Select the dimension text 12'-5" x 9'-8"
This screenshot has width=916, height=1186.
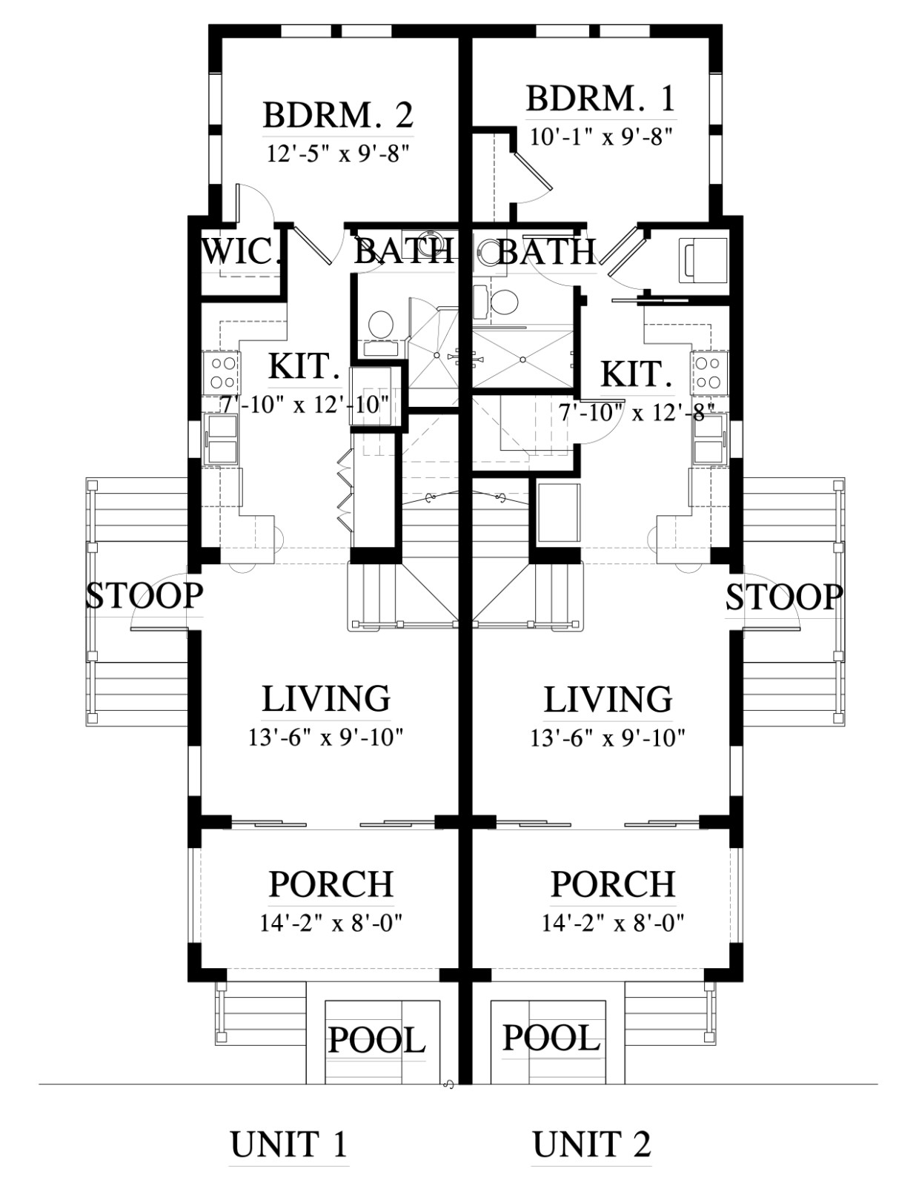(338, 153)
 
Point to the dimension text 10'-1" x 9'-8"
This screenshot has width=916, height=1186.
(601, 136)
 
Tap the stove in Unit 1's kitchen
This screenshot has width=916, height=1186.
(221, 372)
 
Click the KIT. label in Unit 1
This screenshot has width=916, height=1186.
(305, 365)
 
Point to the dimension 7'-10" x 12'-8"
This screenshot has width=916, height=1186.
(637, 413)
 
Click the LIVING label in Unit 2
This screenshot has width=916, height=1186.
(608, 698)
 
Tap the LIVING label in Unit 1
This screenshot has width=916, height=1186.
(326, 698)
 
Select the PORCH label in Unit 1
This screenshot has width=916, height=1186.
(331, 884)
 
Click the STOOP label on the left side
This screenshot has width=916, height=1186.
(145, 595)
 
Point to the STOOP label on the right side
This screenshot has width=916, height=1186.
(783, 597)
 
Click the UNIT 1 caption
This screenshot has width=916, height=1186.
(288, 1144)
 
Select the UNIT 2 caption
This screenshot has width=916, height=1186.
(591, 1144)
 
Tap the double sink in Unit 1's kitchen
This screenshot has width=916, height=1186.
(221, 440)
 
